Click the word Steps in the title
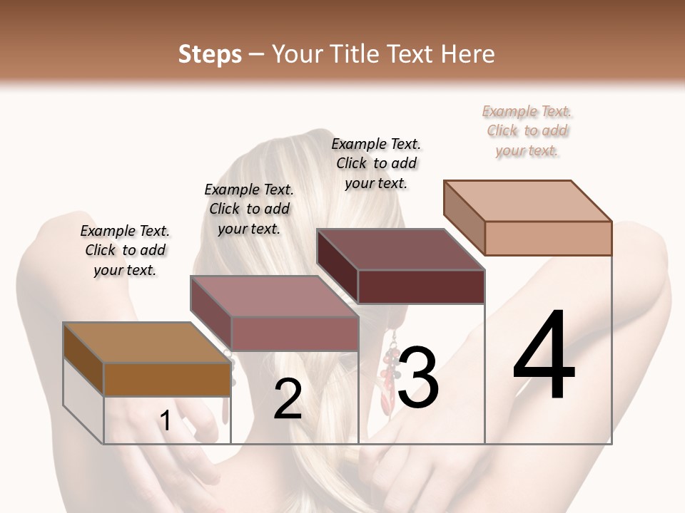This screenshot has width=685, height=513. click(210, 54)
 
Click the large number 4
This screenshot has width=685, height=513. click(544, 356)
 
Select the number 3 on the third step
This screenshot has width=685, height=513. click(418, 378)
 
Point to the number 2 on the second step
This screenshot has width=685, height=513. click(288, 400)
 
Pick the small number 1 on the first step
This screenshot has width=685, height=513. click(166, 420)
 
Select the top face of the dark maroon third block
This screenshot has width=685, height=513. click(400, 249)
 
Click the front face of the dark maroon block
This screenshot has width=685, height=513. click(421, 286)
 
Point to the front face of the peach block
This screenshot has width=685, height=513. click(548, 238)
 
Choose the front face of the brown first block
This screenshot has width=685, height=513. click(167, 379)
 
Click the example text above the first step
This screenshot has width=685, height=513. click(125, 250)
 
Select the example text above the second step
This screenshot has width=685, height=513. click(249, 209)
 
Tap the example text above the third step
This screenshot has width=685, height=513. click(376, 163)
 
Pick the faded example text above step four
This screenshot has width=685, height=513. click(527, 130)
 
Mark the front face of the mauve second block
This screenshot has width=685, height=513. click(295, 333)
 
